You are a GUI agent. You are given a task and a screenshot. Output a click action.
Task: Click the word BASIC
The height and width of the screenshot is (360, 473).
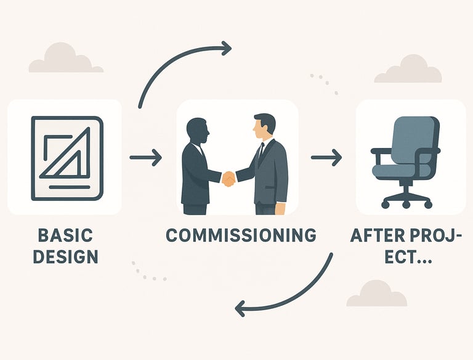click(65, 235)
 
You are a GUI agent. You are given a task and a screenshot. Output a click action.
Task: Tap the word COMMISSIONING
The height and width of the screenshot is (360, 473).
click(241, 235)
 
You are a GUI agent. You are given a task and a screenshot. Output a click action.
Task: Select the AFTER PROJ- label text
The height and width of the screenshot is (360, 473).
click(405, 235)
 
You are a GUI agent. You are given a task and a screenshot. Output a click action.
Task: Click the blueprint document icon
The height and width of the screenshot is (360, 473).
click(66, 158)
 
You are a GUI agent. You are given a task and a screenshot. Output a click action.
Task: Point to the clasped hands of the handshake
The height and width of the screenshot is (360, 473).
click(228, 179)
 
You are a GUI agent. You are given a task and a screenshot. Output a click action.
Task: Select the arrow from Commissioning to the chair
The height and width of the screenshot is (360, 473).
click(326, 158)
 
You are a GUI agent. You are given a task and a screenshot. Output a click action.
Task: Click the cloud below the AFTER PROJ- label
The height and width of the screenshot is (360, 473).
click(376, 295)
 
